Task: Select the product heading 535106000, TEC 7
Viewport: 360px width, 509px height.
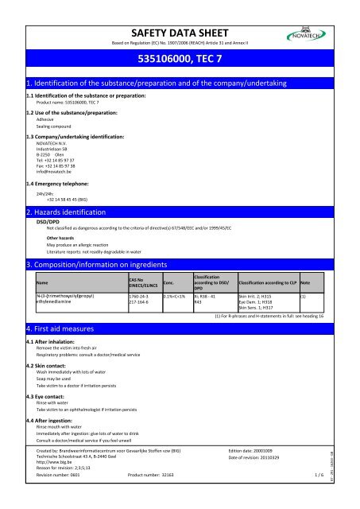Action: pos(180,59)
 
